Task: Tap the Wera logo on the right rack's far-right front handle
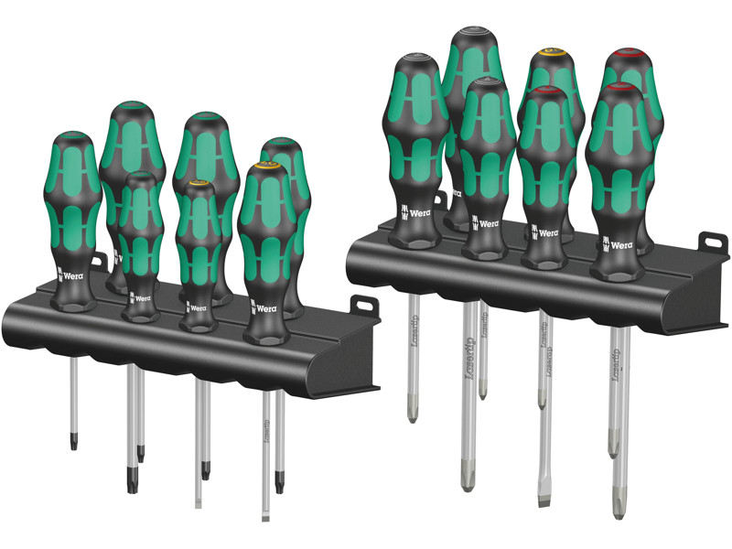[x=619, y=243]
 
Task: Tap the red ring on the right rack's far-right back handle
[x=628, y=52]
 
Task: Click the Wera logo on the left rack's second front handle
[x=140, y=298]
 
